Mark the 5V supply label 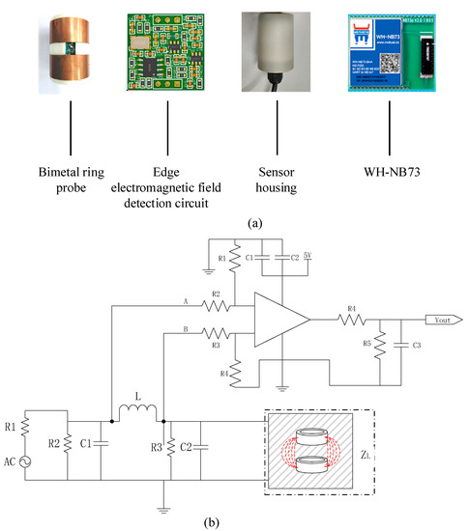(x=308, y=256)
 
